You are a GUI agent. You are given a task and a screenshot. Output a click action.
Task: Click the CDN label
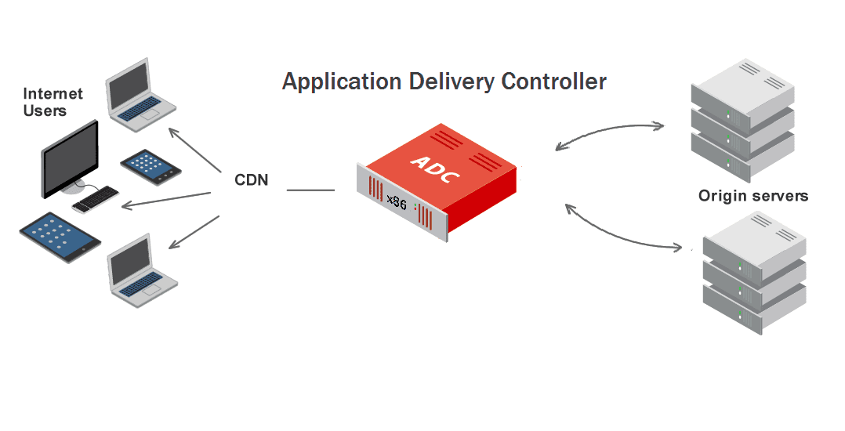point(252,180)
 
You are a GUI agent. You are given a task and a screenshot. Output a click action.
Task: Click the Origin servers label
point(753,196)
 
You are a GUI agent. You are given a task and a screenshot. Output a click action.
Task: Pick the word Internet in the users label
point(53,94)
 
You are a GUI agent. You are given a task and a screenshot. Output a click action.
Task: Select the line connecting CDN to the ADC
point(310,190)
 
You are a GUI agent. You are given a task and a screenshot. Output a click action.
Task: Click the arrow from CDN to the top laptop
point(195,149)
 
